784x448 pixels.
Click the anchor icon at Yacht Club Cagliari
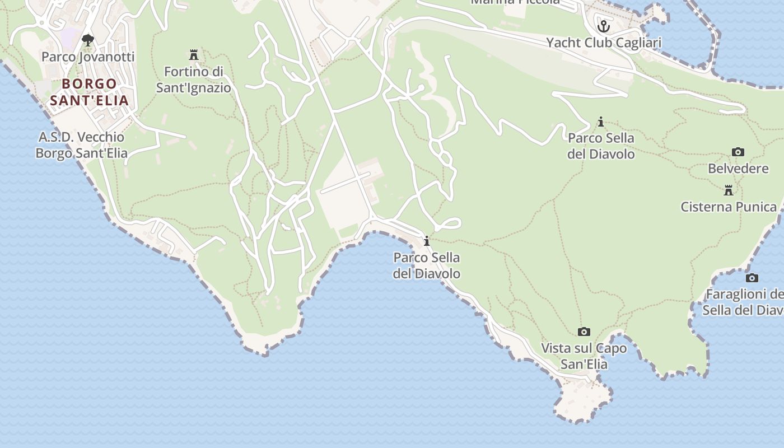tap(604, 26)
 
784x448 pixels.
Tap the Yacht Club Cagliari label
tap(604, 43)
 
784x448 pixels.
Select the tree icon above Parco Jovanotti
tap(88, 40)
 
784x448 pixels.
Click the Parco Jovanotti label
tap(88, 57)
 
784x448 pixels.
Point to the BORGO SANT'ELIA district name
tap(90, 92)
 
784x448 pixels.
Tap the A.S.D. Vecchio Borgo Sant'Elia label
tap(82, 145)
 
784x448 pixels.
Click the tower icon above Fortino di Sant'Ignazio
tap(194, 55)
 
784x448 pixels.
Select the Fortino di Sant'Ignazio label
tap(194, 80)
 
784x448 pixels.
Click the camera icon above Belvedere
tap(738, 152)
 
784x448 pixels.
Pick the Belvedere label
tap(738, 169)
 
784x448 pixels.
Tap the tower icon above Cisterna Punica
tap(729, 190)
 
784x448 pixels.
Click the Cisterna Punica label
tap(729, 207)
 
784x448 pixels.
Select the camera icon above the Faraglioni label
tap(752, 278)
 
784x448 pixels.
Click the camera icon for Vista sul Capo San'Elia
tap(584, 332)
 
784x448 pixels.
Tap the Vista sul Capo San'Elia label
tap(584, 356)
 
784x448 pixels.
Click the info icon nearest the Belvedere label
tap(601, 122)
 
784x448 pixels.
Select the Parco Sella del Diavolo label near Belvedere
tap(601, 146)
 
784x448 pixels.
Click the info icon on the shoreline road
tap(427, 241)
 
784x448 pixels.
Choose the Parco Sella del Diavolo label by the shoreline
tap(427, 265)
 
